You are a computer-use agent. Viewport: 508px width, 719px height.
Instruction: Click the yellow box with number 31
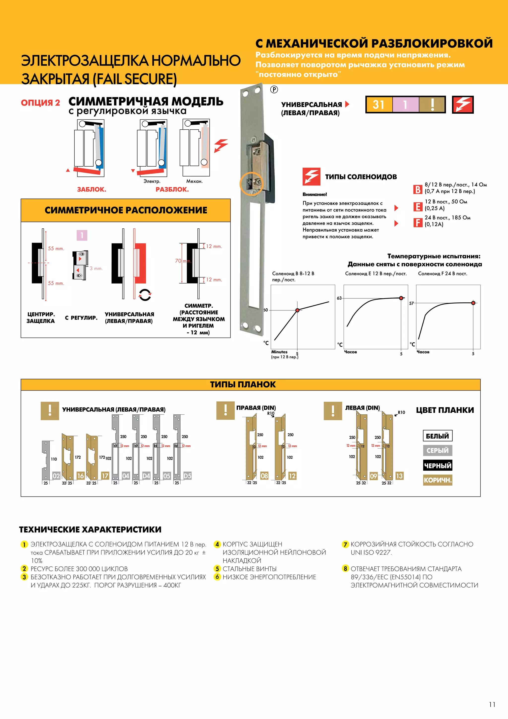(379, 105)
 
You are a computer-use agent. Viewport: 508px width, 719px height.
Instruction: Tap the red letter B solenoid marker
(418, 189)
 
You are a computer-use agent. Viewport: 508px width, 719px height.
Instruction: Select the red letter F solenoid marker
(418, 223)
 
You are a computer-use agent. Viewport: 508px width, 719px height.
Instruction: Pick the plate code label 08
(264, 476)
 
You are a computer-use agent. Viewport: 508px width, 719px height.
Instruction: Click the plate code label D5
(187, 476)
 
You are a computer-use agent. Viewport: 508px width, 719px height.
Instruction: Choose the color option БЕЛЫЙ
(437, 436)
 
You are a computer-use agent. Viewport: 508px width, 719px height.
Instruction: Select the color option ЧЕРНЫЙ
(437, 465)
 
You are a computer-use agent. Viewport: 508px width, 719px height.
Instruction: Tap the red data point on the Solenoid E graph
(401, 298)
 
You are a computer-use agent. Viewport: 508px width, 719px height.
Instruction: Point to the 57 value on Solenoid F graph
(411, 303)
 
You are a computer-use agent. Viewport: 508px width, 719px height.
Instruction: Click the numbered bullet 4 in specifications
(217, 544)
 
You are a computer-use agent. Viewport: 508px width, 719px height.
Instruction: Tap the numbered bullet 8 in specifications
(345, 568)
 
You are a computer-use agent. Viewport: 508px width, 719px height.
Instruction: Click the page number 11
(492, 704)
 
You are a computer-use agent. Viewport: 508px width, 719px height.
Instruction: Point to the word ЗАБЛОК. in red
(92, 189)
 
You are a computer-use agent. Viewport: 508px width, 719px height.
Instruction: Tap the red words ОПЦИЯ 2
(40, 103)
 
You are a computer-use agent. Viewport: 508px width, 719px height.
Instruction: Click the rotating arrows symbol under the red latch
(145, 294)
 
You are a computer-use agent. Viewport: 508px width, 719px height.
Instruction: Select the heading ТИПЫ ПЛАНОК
(243, 385)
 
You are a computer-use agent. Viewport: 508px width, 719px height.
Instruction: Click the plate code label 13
(399, 476)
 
